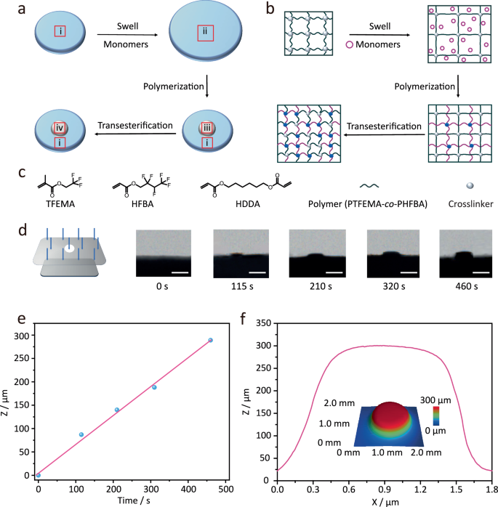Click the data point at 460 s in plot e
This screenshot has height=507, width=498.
[210, 340]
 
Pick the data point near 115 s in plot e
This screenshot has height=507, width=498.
[81, 434]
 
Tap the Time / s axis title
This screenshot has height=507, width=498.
[132, 500]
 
